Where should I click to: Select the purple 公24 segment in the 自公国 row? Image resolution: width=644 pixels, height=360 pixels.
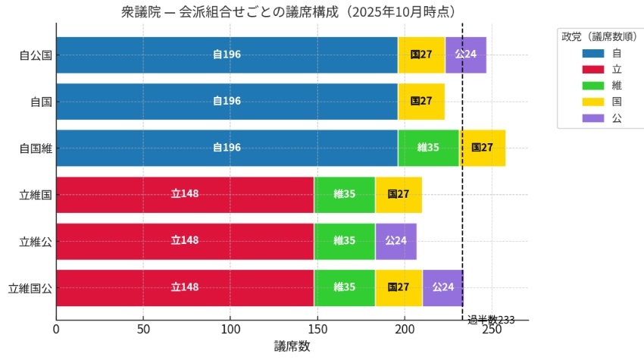point(466,55)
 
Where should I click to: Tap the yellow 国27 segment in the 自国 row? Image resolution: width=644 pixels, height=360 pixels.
point(421,101)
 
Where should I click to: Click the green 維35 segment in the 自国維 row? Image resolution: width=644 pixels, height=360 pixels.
point(428,147)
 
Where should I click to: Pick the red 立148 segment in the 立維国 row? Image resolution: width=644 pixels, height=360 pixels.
point(185,194)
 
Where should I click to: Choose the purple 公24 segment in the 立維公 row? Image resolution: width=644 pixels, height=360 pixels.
point(395,241)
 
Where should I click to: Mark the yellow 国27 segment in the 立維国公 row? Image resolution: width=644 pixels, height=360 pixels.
point(399,287)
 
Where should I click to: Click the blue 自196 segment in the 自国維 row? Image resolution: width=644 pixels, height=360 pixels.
point(227,147)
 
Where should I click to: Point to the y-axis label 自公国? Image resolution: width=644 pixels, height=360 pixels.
point(35,55)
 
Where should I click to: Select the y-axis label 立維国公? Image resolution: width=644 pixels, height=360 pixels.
point(30,288)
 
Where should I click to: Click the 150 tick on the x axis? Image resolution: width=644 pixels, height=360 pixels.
point(317,330)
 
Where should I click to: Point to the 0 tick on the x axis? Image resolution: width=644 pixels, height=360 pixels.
point(56,330)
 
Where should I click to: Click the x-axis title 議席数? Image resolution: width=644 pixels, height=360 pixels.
point(292,346)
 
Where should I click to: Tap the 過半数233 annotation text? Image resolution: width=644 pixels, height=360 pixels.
point(491,320)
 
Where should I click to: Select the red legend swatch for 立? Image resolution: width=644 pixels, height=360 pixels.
point(592,70)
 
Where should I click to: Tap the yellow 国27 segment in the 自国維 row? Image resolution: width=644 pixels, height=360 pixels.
point(482,147)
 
